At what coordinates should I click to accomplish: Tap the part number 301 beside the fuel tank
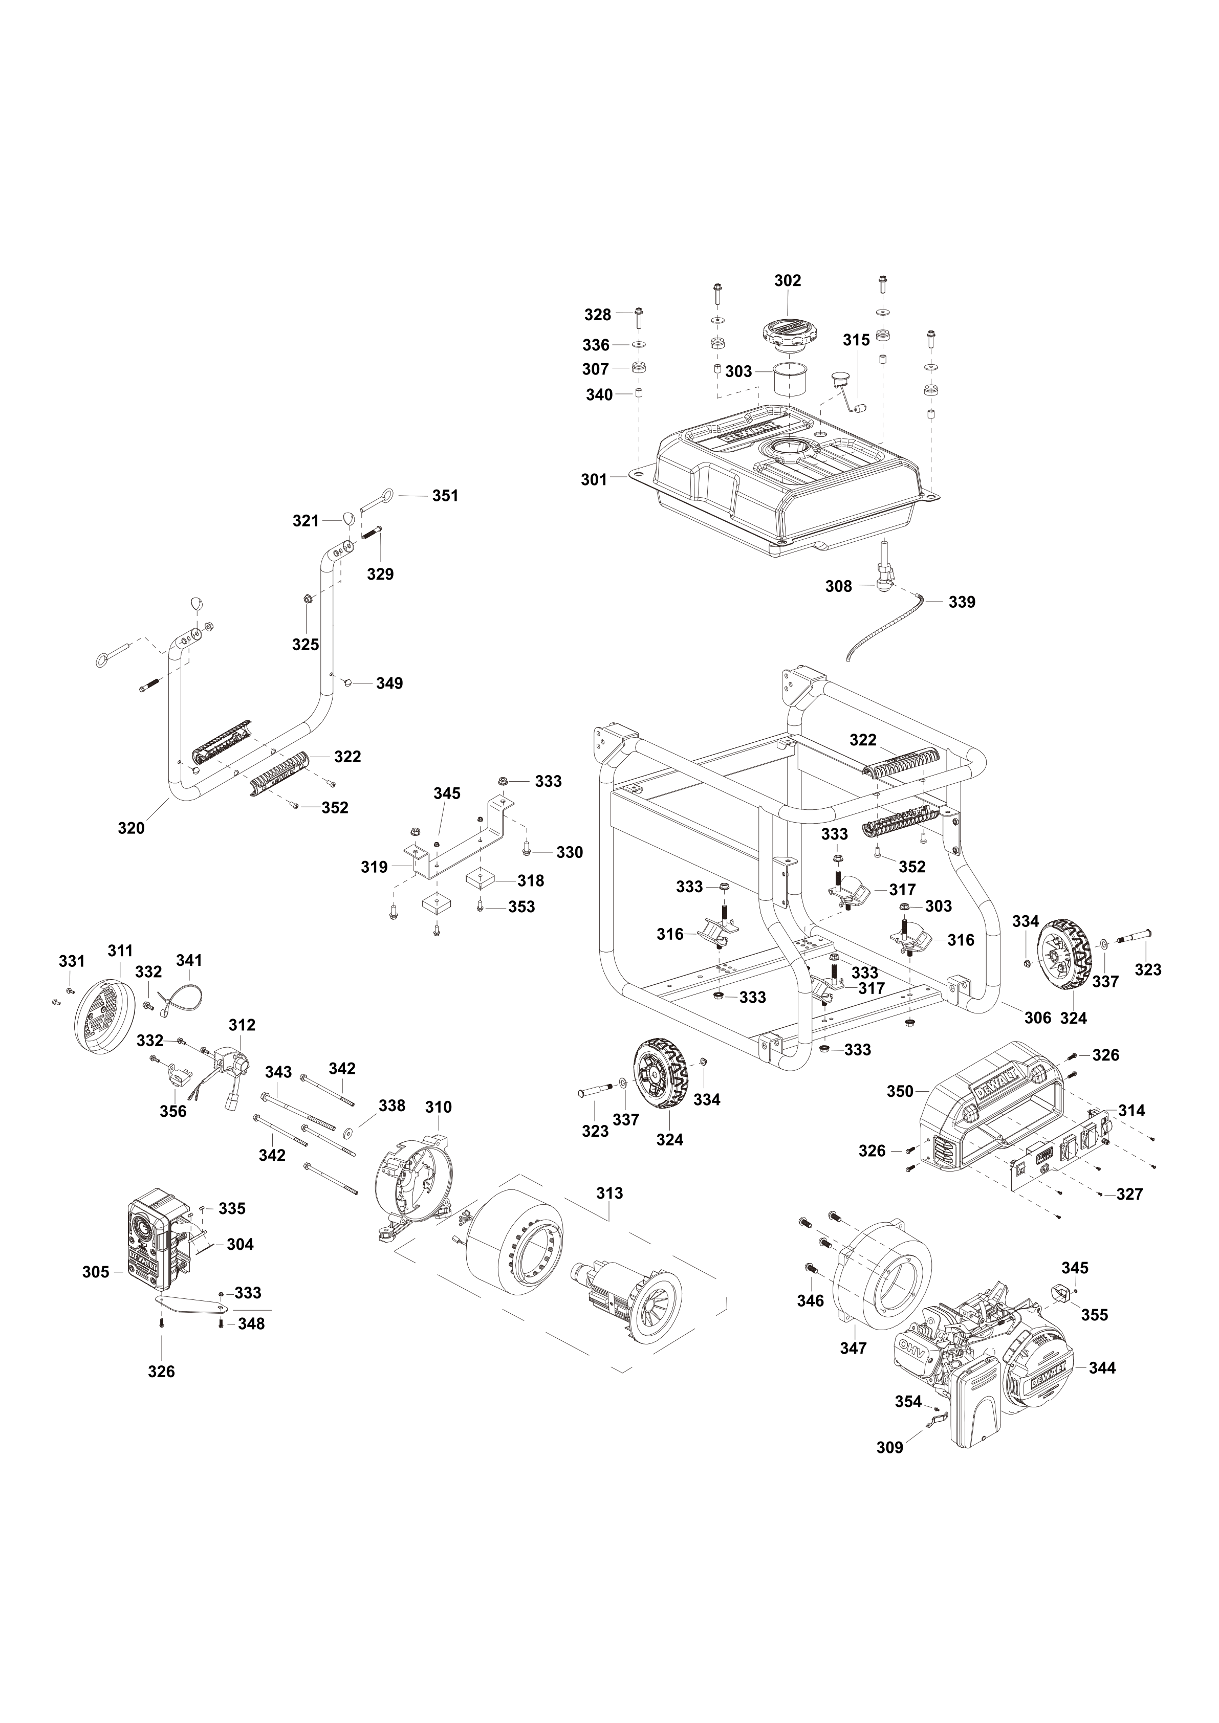pos(594,479)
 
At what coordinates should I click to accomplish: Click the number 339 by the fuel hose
pos(962,602)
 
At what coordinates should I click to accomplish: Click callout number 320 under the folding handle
pos(132,828)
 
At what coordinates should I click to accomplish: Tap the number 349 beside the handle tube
pos(389,683)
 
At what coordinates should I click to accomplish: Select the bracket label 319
pos(374,868)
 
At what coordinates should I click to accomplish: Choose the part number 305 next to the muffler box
pos(96,1271)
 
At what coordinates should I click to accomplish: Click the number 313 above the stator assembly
pos(609,1193)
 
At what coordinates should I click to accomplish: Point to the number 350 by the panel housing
pos(900,1091)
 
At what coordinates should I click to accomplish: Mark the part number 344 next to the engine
pos(1102,1367)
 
